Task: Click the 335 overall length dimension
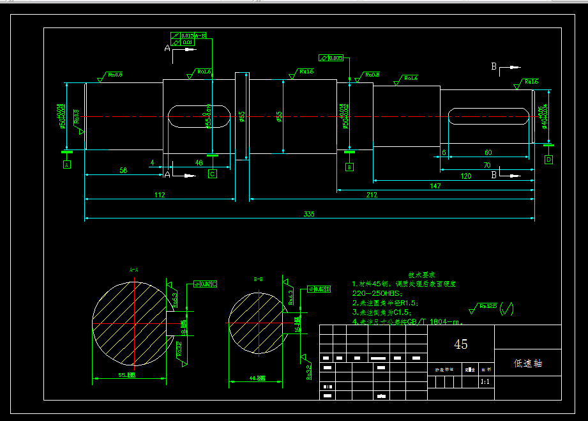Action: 309,214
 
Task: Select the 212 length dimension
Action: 371,195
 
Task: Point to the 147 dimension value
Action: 435,185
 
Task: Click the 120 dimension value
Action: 465,175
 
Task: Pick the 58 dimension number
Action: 124,171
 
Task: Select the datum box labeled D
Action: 548,160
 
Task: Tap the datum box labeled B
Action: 349,167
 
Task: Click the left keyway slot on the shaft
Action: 199,117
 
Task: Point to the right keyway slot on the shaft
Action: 488,116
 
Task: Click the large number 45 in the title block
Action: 460,344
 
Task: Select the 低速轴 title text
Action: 528,363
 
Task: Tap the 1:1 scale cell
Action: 485,381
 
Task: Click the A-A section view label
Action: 134,270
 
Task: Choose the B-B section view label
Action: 259,279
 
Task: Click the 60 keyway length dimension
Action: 488,153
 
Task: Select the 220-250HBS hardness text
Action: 377,293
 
